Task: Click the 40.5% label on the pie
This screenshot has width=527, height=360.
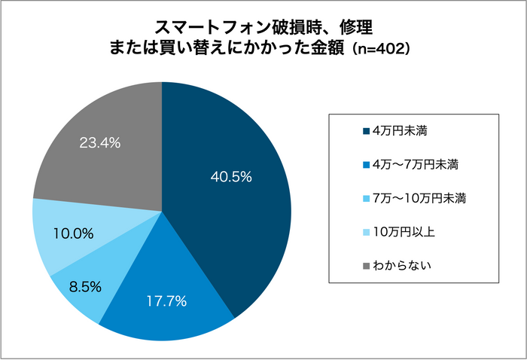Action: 230,178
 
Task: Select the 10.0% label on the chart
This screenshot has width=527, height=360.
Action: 73,233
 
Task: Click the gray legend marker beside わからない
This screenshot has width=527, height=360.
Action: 366,265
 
